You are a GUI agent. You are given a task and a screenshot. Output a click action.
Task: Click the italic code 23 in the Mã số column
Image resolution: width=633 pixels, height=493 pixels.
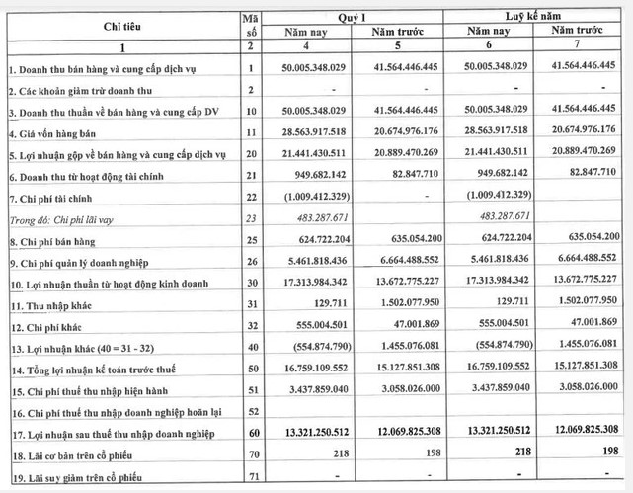(x=252, y=217)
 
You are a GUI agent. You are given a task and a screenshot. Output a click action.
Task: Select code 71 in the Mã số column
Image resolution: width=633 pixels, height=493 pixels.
(x=252, y=479)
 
